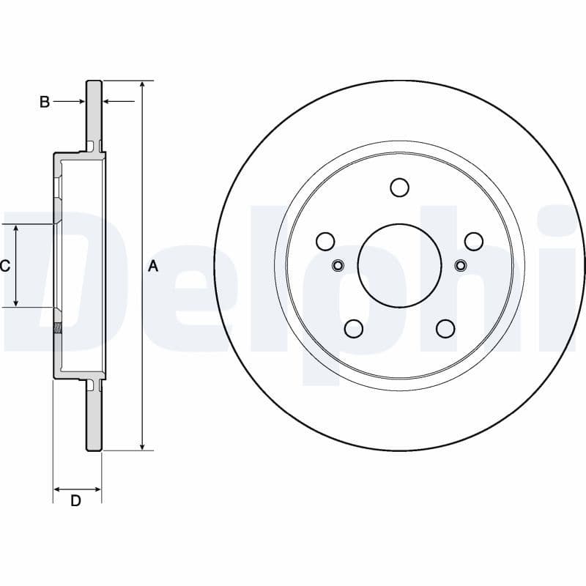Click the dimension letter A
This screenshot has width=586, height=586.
pyautogui.click(x=153, y=266)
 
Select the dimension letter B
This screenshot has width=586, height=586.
pyautogui.click(x=44, y=102)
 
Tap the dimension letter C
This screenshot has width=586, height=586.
pyautogui.click(x=5, y=266)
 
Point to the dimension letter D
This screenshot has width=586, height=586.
pyautogui.click(x=75, y=501)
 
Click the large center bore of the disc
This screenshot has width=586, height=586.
pyautogui.click(x=399, y=265)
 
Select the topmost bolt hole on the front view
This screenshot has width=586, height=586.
pyautogui.click(x=399, y=188)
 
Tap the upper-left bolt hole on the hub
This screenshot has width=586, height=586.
pyautogui.click(x=325, y=241)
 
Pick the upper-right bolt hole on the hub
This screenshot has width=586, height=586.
pyautogui.click(x=474, y=241)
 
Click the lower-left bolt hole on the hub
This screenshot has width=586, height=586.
pyautogui.click(x=354, y=329)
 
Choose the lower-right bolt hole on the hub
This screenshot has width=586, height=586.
pyautogui.click(x=445, y=329)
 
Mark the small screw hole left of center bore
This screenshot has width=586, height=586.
pyautogui.click(x=338, y=265)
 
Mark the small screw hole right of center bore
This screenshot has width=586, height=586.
pyautogui.click(x=461, y=265)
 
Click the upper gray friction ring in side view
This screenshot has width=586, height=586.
pyautogui.click(x=94, y=110)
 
